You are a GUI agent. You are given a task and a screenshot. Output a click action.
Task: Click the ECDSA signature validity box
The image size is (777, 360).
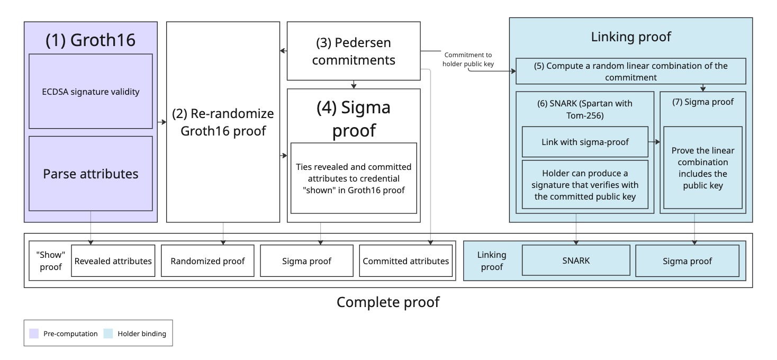click(91, 91)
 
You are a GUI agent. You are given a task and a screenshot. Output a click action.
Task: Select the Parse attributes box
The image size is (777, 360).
click(91, 174)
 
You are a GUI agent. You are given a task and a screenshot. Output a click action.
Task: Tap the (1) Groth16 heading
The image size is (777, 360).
click(91, 40)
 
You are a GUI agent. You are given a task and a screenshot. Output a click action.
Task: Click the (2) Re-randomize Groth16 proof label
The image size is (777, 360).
click(223, 122)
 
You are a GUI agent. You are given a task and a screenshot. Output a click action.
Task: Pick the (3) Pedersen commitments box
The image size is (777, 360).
click(354, 51)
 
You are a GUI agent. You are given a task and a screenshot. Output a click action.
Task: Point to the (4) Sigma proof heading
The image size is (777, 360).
click(354, 119)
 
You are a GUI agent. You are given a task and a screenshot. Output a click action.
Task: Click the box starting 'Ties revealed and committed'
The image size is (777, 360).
click(354, 178)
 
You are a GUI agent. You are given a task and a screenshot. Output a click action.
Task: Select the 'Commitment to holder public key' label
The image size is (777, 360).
click(467, 59)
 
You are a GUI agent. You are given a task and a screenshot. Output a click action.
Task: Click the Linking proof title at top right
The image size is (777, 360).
click(630, 37)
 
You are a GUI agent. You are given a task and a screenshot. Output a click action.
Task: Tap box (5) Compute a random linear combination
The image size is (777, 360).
click(630, 71)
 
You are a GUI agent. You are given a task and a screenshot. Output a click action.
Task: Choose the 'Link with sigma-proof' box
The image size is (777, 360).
click(585, 142)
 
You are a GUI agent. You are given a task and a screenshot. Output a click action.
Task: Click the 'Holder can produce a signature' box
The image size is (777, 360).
click(585, 185)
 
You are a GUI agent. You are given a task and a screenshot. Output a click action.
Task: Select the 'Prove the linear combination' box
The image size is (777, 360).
click(702, 168)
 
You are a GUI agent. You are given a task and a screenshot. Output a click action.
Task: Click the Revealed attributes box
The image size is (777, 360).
click(113, 261)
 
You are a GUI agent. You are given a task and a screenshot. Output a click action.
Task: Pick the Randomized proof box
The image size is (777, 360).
click(207, 261)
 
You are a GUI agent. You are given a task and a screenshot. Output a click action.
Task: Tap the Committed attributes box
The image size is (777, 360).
click(405, 261)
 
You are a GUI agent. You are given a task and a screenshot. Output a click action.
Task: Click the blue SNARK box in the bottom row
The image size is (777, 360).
click(575, 261)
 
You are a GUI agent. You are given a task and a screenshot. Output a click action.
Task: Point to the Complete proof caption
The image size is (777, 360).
click(388, 302)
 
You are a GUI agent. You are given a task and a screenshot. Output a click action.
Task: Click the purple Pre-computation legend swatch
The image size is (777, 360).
click(34, 334)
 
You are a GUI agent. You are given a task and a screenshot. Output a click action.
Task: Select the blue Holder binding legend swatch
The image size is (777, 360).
click(109, 334)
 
